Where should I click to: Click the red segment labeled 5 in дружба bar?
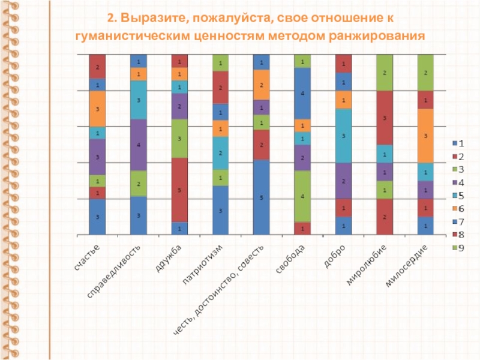click(x=179, y=190)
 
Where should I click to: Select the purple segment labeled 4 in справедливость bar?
click(x=138, y=145)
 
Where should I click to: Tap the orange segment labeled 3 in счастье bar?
click(x=97, y=109)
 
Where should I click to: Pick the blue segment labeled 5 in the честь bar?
click(x=261, y=197)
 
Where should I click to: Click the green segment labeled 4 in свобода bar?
click(x=302, y=196)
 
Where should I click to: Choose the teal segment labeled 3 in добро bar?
click(x=343, y=136)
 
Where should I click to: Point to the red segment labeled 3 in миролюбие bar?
click(x=384, y=118)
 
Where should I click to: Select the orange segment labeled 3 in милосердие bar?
click(x=425, y=136)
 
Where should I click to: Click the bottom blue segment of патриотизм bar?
click(x=220, y=210)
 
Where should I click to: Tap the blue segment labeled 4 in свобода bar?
click(x=302, y=94)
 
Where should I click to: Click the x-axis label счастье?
click(x=88, y=256)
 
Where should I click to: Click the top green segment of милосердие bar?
click(x=425, y=73)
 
